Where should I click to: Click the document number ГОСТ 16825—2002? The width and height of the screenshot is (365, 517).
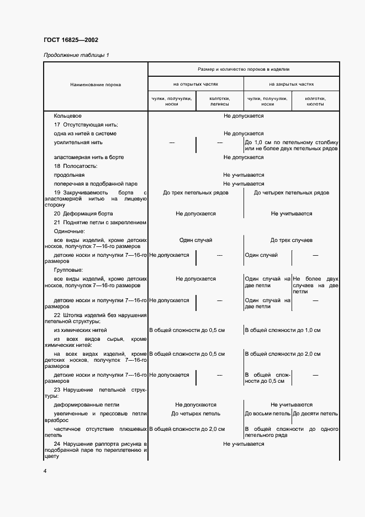71,40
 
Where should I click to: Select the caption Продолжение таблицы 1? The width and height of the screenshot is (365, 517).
76,55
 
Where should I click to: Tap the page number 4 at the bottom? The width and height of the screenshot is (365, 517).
45,471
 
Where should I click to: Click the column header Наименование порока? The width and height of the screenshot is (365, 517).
96,85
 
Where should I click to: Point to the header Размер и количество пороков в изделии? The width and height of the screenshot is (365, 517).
244,69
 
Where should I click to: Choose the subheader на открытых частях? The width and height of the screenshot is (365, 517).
195,85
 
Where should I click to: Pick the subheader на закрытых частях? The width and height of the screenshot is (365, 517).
291,85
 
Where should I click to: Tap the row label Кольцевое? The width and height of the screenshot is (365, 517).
68,116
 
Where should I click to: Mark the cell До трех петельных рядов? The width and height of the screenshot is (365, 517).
195,193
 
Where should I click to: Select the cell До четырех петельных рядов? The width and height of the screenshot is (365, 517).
291,193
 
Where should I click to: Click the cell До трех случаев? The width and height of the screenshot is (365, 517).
291,240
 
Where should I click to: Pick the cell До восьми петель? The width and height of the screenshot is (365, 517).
267,413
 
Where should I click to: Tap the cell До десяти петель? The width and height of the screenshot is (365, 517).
315,413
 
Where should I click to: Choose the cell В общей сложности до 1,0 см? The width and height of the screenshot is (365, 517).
283,330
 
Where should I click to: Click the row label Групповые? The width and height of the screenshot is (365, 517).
68,270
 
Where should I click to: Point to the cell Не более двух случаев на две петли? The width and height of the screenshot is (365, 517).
315,285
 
